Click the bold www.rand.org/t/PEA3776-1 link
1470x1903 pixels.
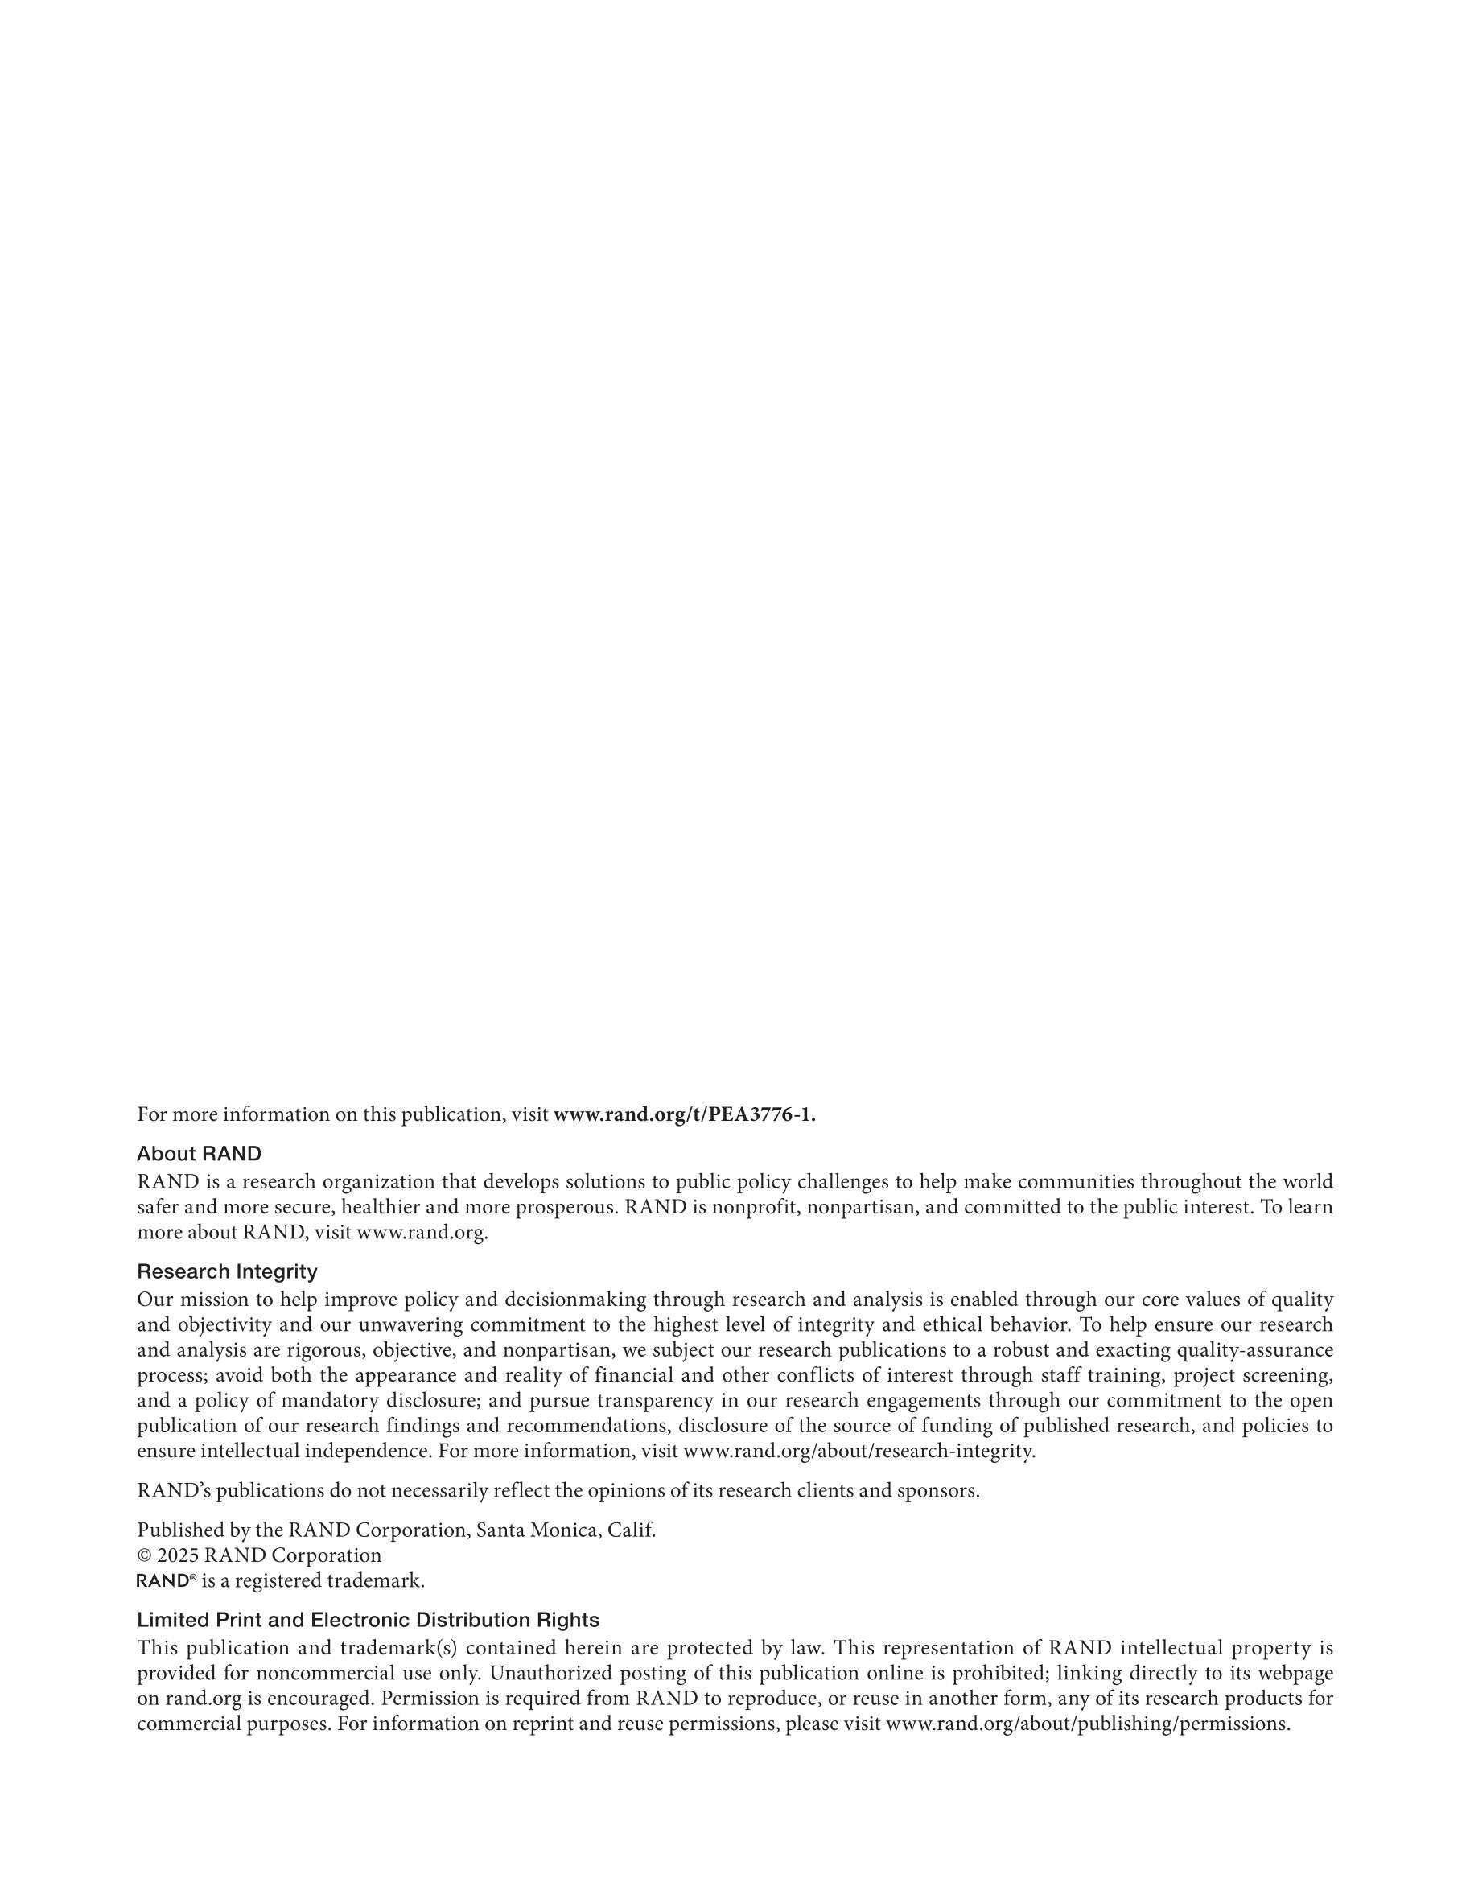[x=684, y=1115]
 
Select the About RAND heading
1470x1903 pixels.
[x=199, y=1154]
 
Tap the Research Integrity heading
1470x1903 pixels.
[x=227, y=1271]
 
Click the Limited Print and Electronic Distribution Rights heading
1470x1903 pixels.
[x=368, y=1620]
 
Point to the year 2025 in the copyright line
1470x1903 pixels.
[x=178, y=1555]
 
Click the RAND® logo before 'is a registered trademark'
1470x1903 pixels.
[x=166, y=1580]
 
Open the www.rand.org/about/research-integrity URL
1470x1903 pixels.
[x=859, y=1451]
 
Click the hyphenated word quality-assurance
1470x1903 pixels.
[x=1255, y=1350]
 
